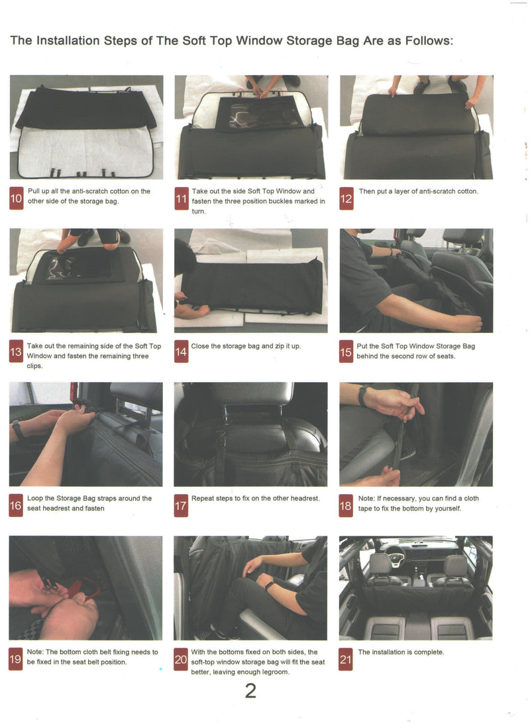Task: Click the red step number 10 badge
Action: click(x=17, y=198)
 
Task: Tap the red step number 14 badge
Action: click(x=181, y=351)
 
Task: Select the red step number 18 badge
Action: click(x=346, y=506)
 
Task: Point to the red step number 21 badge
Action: click(x=345, y=659)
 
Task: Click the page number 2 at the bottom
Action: click(x=250, y=692)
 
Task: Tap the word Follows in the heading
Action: click(x=429, y=41)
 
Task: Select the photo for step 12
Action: click(x=416, y=127)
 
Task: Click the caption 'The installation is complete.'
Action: click(x=401, y=652)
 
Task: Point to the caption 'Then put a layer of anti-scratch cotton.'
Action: click(x=418, y=192)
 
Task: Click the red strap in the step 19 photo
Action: click(x=85, y=589)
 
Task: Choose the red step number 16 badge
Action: click(x=16, y=506)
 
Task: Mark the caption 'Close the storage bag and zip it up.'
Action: click(x=246, y=346)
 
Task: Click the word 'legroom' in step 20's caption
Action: click(x=275, y=672)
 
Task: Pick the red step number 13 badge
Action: click(x=16, y=351)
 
